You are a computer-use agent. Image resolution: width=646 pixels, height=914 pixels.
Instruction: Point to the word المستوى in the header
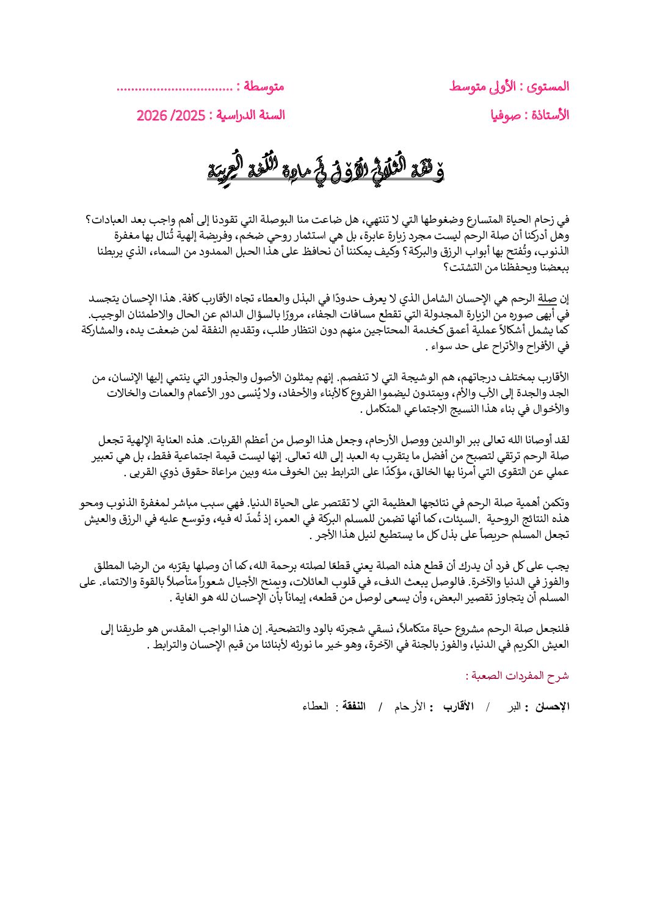point(547,87)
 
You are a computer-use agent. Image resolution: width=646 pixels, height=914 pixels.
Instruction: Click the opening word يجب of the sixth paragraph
point(560,567)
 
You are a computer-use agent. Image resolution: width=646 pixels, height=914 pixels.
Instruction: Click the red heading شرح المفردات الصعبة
point(517,676)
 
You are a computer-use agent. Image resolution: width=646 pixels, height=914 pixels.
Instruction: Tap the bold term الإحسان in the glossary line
point(552,707)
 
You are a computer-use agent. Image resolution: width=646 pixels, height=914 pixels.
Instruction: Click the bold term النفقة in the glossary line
point(354,707)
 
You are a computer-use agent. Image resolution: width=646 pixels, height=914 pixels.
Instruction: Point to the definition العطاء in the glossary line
point(316,707)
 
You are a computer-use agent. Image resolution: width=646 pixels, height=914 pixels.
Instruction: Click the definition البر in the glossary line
point(515,707)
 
